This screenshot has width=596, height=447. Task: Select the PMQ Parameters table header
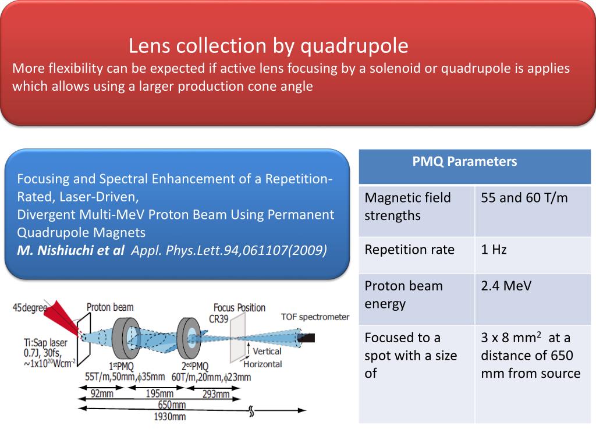tap(464, 162)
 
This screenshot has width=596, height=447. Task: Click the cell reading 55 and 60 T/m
tap(524, 198)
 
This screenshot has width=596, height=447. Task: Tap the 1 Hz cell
tap(494, 250)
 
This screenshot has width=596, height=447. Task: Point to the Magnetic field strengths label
tap(407, 207)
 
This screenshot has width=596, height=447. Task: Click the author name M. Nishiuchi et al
tap(70, 251)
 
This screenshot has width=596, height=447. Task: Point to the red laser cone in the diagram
tap(65, 318)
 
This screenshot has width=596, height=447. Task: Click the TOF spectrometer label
tap(315, 317)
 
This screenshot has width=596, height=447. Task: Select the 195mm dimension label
tap(158, 394)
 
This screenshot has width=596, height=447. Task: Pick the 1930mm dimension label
tap(170, 416)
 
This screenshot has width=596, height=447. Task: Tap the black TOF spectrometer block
tap(307, 337)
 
